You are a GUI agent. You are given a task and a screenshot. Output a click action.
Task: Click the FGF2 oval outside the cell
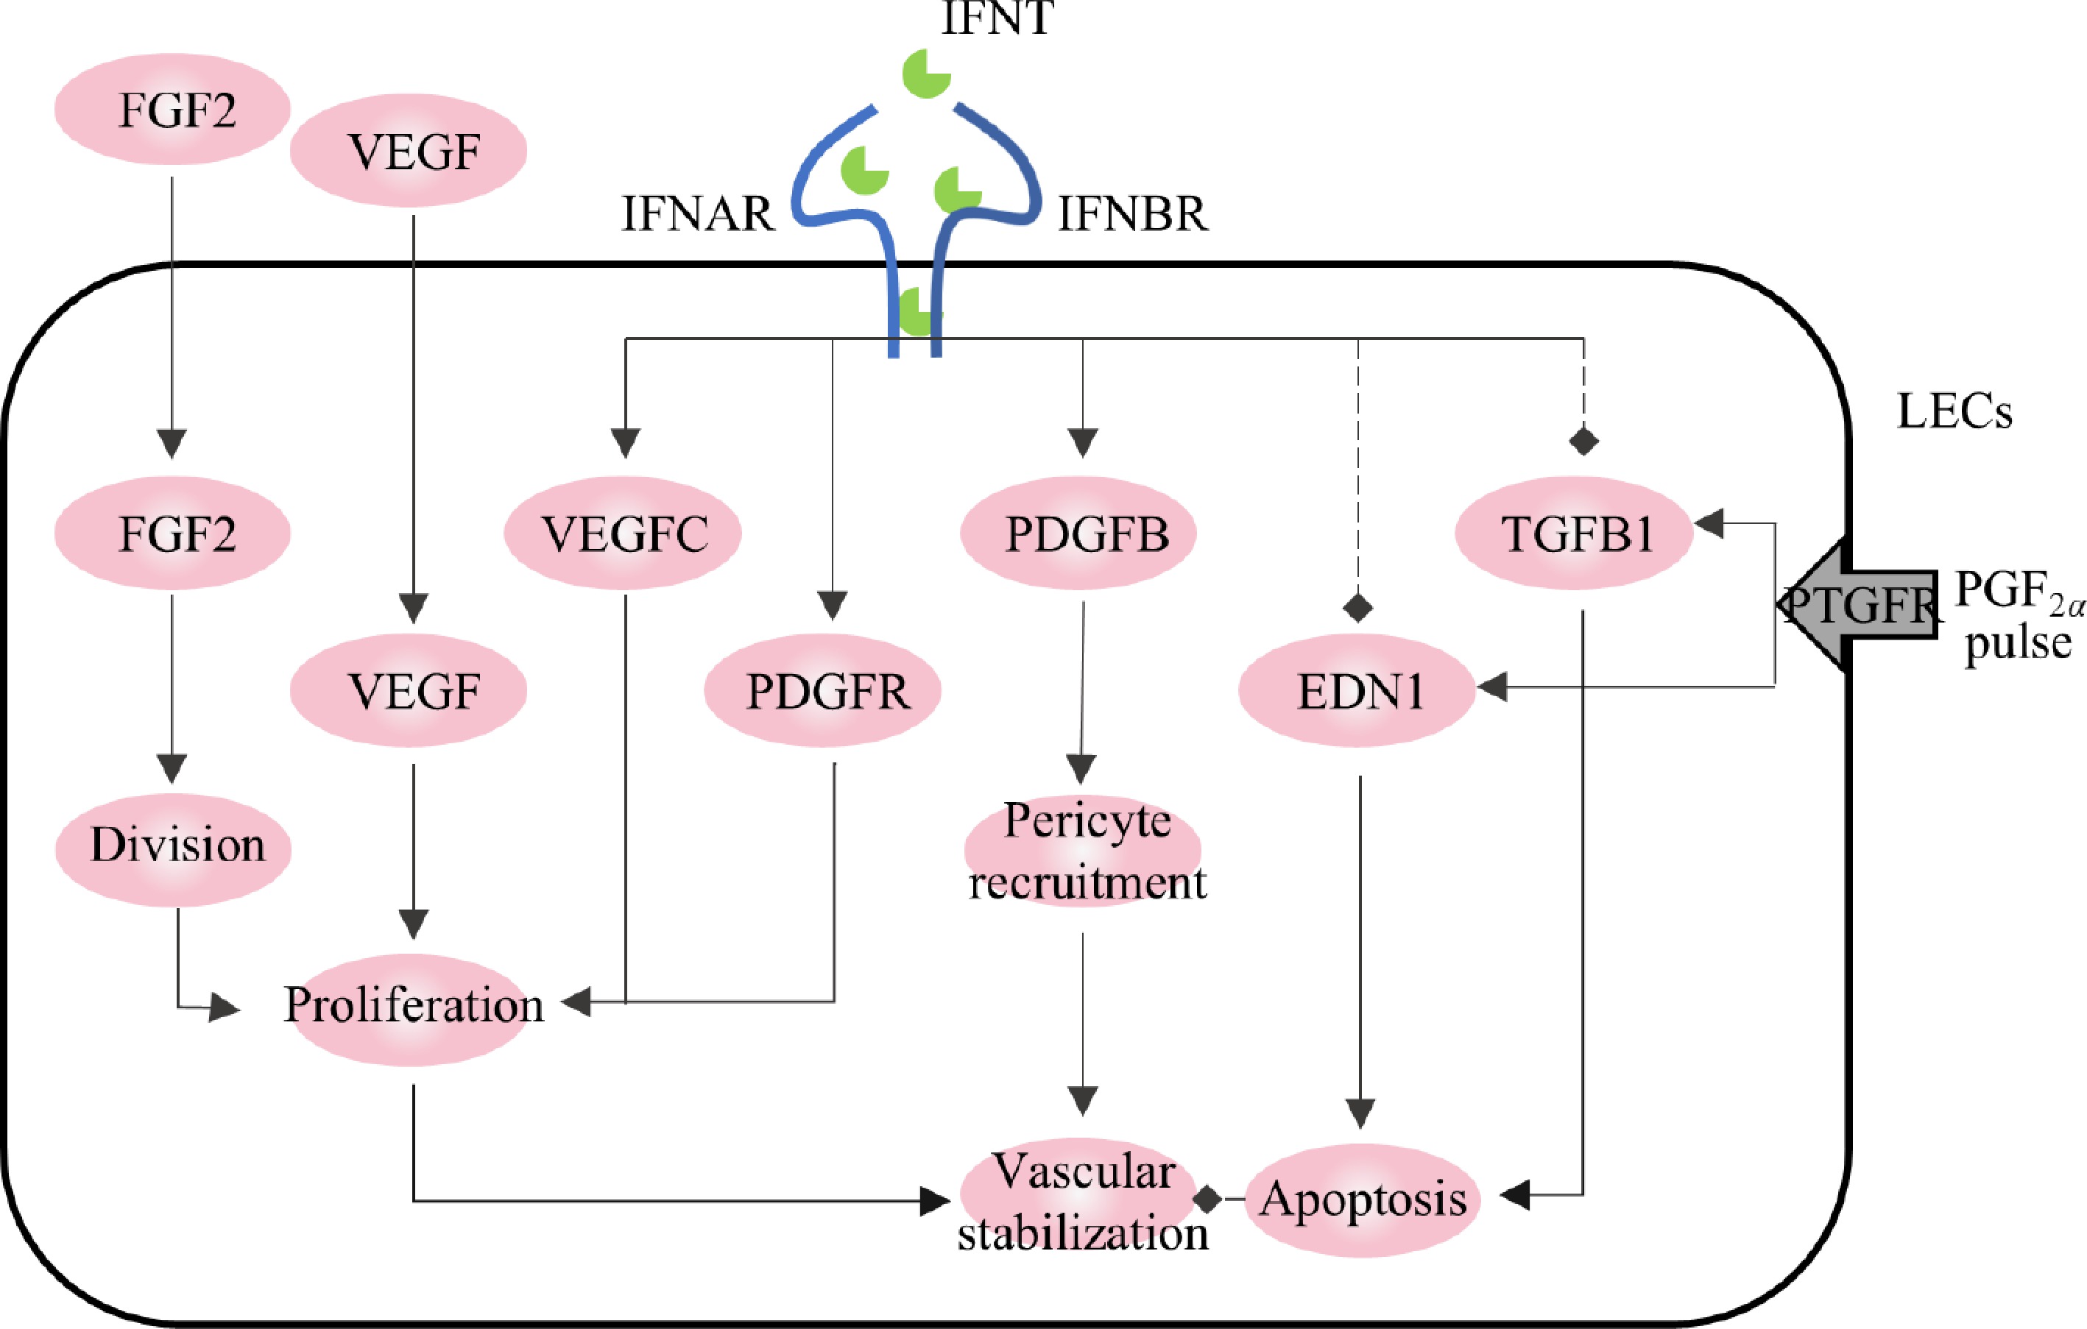(172, 109)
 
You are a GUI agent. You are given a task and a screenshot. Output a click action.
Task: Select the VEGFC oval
(623, 533)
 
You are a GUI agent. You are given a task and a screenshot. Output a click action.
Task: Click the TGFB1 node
(1574, 533)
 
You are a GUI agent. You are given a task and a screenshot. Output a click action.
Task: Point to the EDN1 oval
(1357, 690)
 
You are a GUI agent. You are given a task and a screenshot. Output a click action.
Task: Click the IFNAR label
(698, 214)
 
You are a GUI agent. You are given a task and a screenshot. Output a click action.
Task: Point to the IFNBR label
(1133, 214)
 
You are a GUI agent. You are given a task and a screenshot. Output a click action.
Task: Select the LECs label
(1954, 411)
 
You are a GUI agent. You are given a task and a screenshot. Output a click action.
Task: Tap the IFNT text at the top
(997, 19)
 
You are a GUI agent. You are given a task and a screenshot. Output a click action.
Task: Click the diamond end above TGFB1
(1583, 441)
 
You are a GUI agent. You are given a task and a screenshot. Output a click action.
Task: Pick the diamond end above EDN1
(1357, 607)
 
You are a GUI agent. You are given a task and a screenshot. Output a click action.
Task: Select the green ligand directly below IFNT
(925, 74)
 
